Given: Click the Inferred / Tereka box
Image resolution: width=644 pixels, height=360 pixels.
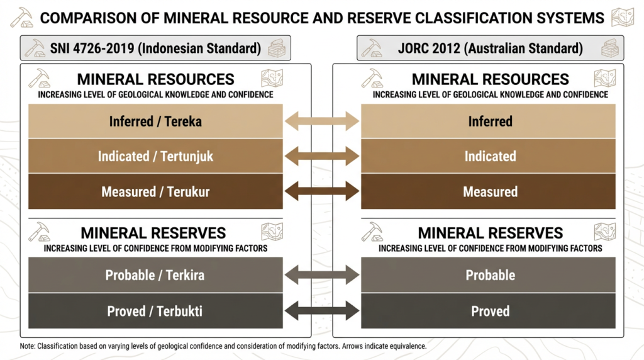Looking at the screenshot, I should pyautogui.click(x=155, y=121).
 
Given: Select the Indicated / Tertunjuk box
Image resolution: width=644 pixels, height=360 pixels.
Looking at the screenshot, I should pyautogui.click(x=155, y=156).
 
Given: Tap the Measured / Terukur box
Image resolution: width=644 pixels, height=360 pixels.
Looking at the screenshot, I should pyautogui.click(x=155, y=192).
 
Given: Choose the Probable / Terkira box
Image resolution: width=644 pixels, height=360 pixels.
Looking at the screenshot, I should pyautogui.click(x=155, y=275).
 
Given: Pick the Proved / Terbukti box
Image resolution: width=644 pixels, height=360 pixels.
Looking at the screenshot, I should pyautogui.click(x=155, y=311).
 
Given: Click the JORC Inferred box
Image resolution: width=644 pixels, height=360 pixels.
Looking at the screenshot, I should pyautogui.click(x=489, y=121).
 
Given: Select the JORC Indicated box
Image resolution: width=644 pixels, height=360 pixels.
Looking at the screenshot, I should pyautogui.click(x=489, y=156).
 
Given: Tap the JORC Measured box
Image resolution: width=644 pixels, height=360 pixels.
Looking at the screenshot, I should pyautogui.click(x=489, y=192).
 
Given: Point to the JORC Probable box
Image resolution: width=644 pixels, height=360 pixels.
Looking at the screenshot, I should pyautogui.click(x=489, y=275).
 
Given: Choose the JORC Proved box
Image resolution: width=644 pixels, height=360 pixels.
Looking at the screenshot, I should pyautogui.click(x=489, y=311).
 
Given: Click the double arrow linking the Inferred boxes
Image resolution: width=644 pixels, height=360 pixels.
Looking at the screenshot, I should pyautogui.click(x=322, y=121).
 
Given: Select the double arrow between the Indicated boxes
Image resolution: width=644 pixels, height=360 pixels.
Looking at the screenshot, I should pyautogui.click(x=322, y=156).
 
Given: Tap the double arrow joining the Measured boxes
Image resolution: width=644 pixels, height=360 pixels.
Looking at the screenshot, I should pyautogui.click(x=322, y=192).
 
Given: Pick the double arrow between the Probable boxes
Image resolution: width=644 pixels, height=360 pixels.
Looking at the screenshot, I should pyautogui.click(x=322, y=275).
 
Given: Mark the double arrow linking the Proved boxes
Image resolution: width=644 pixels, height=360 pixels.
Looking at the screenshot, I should pyautogui.click(x=322, y=311).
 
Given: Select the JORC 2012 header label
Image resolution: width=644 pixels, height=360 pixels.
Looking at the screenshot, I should pyautogui.click(x=490, y=48).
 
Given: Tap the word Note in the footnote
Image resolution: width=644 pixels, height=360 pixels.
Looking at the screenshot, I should pyautogui.click(x=28, y=346).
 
